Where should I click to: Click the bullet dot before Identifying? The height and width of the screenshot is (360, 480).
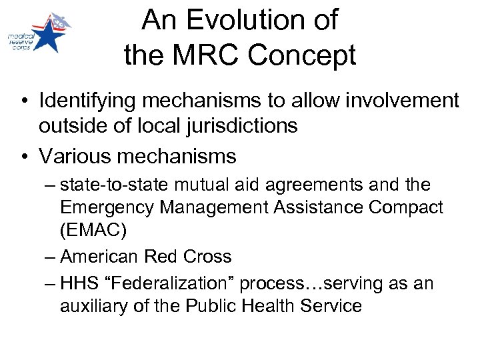coord(25,101)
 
